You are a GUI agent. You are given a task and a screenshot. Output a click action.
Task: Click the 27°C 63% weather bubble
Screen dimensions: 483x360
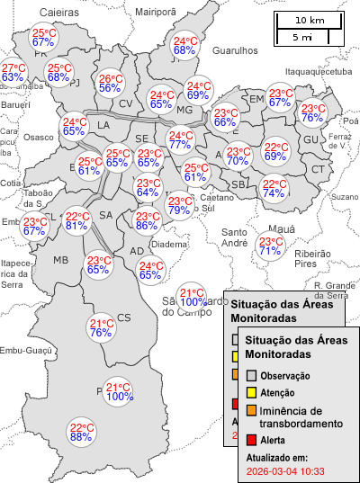click(x=13, y=73)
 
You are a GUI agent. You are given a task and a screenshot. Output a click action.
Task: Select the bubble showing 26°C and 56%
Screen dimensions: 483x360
click(x=111, y=84)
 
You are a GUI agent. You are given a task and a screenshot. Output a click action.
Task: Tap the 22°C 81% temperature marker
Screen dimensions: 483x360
click(x=76, y=221)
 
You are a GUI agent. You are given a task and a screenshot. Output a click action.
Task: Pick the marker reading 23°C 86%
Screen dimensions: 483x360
click(x=147, y=221)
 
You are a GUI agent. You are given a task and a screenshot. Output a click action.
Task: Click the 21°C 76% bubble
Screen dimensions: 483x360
click(x=101, y=328)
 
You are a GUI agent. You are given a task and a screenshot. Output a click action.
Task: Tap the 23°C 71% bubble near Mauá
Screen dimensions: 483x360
click(x=269, y=246)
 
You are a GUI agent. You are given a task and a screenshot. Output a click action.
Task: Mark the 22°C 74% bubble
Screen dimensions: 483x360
click(x=274, y=189)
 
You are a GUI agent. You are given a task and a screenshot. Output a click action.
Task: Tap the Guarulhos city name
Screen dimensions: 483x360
click(x=235, y=51)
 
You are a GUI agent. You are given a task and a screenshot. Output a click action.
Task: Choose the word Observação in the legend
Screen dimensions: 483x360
click(x=285, y=375)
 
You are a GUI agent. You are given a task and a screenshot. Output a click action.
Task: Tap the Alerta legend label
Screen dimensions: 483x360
click(x=274, y=440)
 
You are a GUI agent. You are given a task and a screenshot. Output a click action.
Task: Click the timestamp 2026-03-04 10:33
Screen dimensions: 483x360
click(x=285, y=470)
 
